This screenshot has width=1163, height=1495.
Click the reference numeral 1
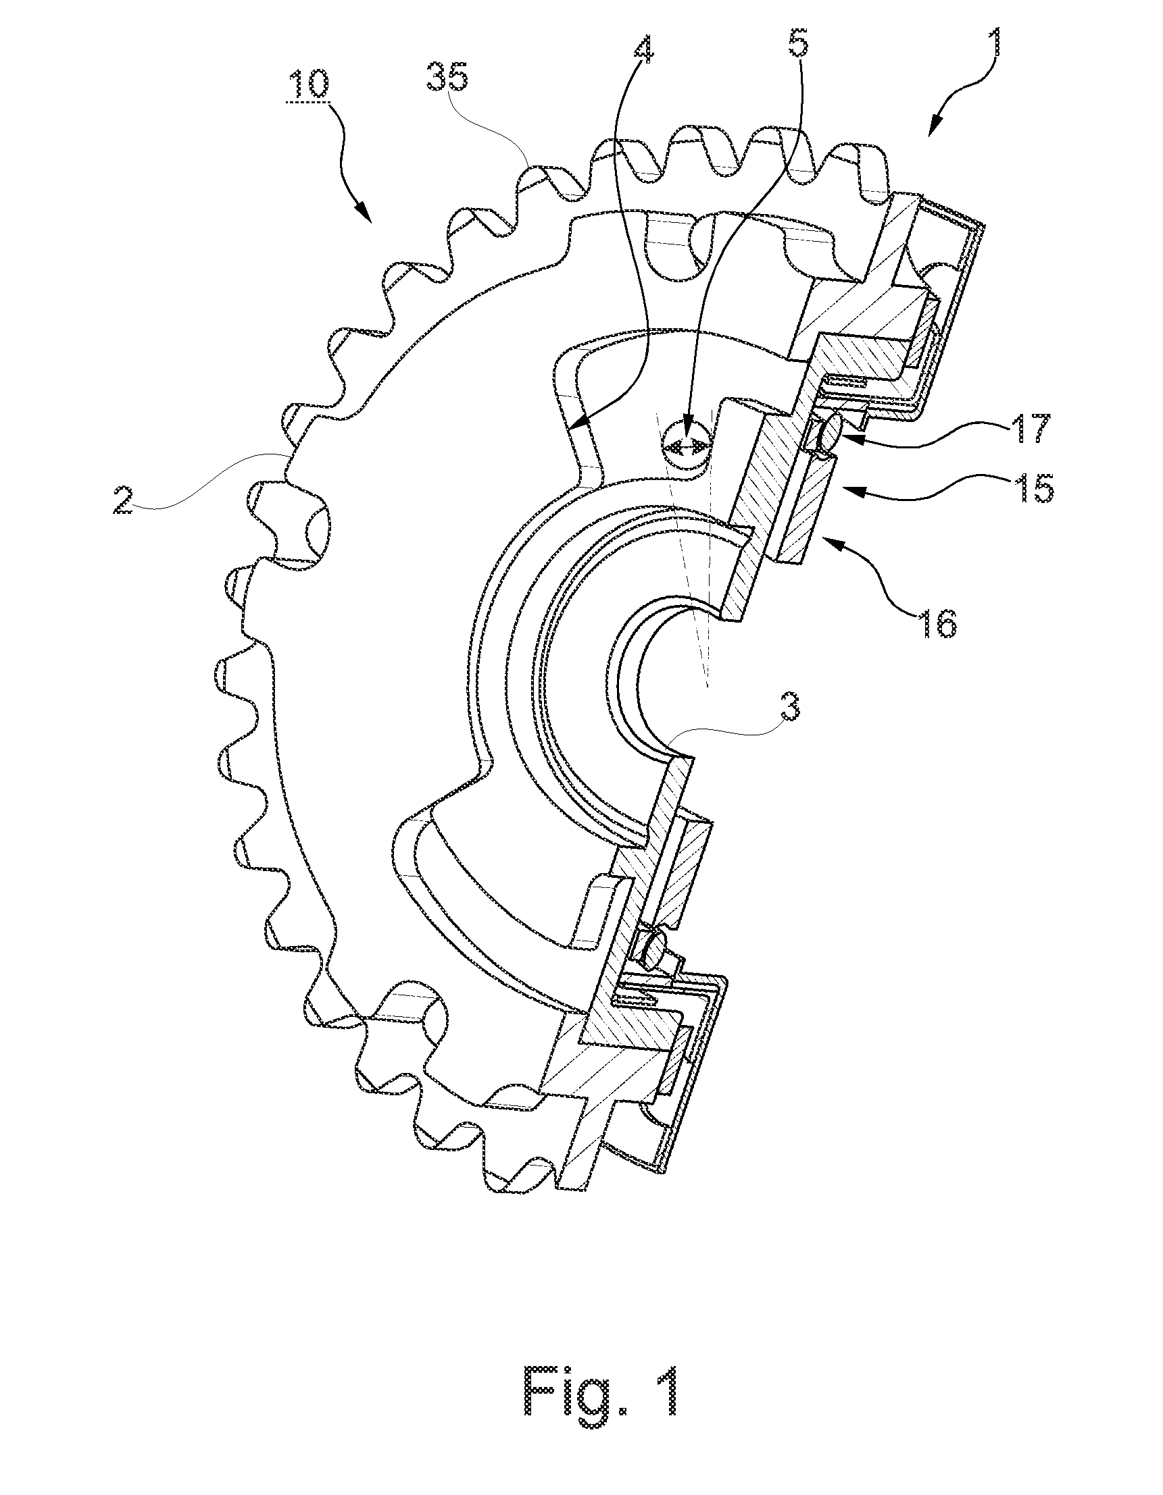coord(1001,26)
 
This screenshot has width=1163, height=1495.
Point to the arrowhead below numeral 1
coord(935,129)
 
